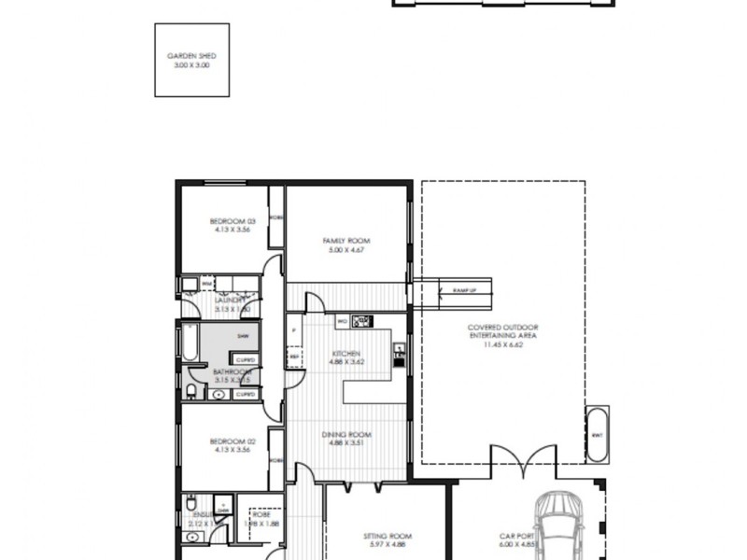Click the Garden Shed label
(x=191, y=56)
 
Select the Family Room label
(x=340, y=241)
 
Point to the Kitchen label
(x=346, y=354)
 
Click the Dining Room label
(x=346, y=434)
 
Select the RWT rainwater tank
(x=597, y=435)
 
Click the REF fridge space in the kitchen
(x=294, y=356)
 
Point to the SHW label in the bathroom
(x=242, y=336)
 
